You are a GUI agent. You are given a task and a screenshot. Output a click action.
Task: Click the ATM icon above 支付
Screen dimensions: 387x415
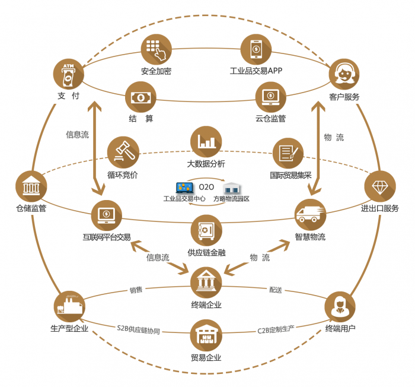(x=69, y=74)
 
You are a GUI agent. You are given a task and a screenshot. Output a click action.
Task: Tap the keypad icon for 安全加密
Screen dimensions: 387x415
(x=156, y=49)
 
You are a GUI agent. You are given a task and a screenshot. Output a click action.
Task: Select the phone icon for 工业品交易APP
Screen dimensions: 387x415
(x=256, y=49)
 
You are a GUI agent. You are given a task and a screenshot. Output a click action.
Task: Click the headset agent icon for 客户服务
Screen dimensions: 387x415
(x=344, y=74)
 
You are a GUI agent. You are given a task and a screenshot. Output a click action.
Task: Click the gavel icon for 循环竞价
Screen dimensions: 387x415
(x=123, y=153)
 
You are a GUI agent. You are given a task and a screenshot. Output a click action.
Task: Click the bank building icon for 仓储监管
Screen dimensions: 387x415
(x=31, y=187)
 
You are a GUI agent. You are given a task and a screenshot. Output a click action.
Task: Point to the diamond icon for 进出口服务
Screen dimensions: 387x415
(x=379, y=187)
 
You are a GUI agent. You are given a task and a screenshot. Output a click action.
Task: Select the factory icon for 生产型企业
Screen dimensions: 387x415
(x=69, y=306)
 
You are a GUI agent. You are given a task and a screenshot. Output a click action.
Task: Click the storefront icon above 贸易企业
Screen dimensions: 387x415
(x=206, y=335)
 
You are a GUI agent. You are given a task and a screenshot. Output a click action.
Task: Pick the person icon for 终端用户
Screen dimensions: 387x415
(x=340, y=306)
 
